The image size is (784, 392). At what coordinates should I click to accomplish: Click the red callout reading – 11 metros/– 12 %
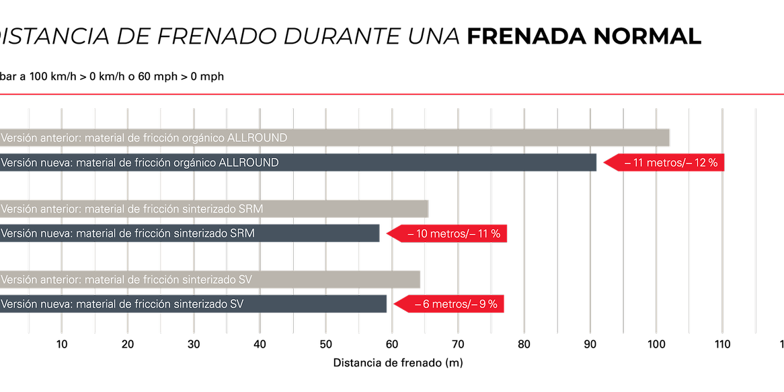666,163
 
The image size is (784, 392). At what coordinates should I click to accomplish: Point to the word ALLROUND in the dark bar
249,163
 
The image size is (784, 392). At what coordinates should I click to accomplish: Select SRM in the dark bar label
242,234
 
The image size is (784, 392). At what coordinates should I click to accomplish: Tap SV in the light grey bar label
245,280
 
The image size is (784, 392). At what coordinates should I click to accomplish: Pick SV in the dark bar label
237,305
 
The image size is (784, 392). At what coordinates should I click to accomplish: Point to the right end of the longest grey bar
668,138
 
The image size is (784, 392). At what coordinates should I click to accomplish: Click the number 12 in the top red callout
701,163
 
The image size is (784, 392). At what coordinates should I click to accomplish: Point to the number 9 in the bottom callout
483,305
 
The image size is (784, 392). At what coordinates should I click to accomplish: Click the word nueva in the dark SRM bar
58,234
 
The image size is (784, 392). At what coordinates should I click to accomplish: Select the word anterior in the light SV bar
62,280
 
